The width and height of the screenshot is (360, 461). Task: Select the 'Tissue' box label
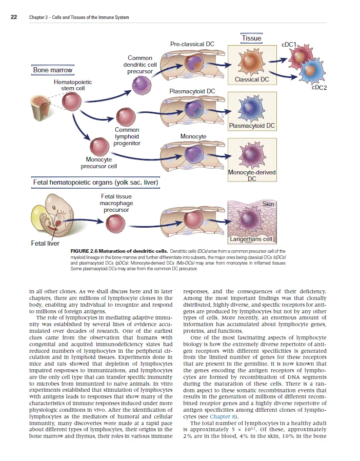point(251,38)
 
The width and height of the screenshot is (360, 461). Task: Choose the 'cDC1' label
point(290,45)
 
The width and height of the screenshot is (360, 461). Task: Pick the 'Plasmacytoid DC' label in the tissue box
point(252,126)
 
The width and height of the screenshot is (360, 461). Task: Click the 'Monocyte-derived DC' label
point(252,175)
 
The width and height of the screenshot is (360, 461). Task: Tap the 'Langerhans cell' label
point(251,239)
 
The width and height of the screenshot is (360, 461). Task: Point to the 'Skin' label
point(268,204)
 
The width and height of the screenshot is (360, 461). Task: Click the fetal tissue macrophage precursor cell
point(115,223)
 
